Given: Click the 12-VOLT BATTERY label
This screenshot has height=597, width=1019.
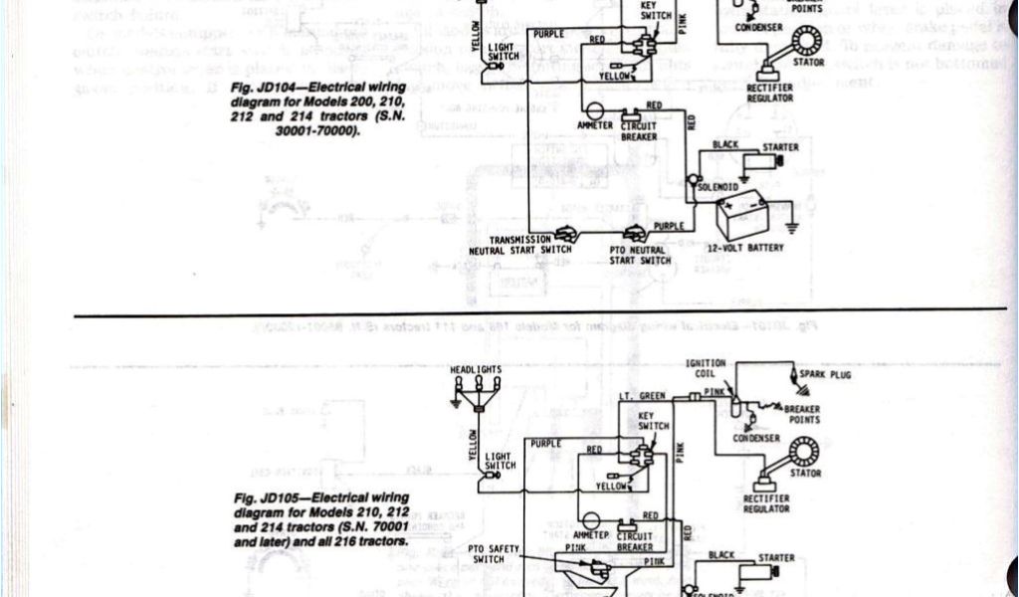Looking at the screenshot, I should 744,247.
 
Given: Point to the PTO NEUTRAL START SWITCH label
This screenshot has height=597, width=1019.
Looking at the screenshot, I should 640,255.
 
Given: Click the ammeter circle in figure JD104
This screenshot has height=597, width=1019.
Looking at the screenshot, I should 594,111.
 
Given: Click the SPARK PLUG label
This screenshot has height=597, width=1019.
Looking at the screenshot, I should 826,375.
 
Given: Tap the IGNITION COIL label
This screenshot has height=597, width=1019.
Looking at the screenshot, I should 706,368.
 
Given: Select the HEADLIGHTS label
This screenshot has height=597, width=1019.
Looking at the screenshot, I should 476,370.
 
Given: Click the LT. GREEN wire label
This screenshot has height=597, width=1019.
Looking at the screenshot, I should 642,395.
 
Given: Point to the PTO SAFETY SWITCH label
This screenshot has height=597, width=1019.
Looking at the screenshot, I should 490,552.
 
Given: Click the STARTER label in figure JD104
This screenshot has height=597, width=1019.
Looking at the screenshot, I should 779,148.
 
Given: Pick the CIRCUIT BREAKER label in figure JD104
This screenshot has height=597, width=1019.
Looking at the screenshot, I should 639,131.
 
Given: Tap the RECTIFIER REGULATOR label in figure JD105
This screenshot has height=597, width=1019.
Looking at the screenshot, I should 766,502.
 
